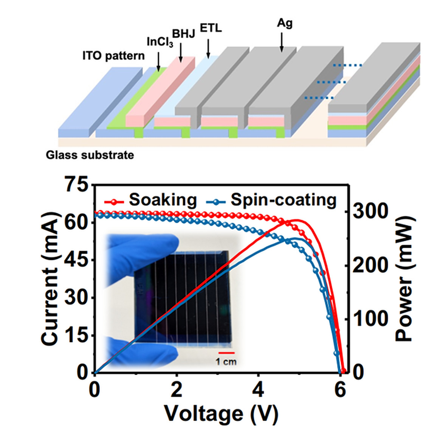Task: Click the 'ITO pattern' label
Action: point(113,56)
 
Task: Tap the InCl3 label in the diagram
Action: point(160,42)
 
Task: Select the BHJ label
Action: point(183,34)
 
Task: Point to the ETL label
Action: point(211,28)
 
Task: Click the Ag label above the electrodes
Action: point(285,23)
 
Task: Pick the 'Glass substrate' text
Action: point(90,155)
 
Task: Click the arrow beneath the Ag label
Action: point(282,42)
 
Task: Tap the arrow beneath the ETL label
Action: point(208,48)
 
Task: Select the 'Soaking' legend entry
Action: point(163,199)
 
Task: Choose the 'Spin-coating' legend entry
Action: point(283,199)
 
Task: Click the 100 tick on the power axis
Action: point(365,319)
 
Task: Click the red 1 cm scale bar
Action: point(226,353)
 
